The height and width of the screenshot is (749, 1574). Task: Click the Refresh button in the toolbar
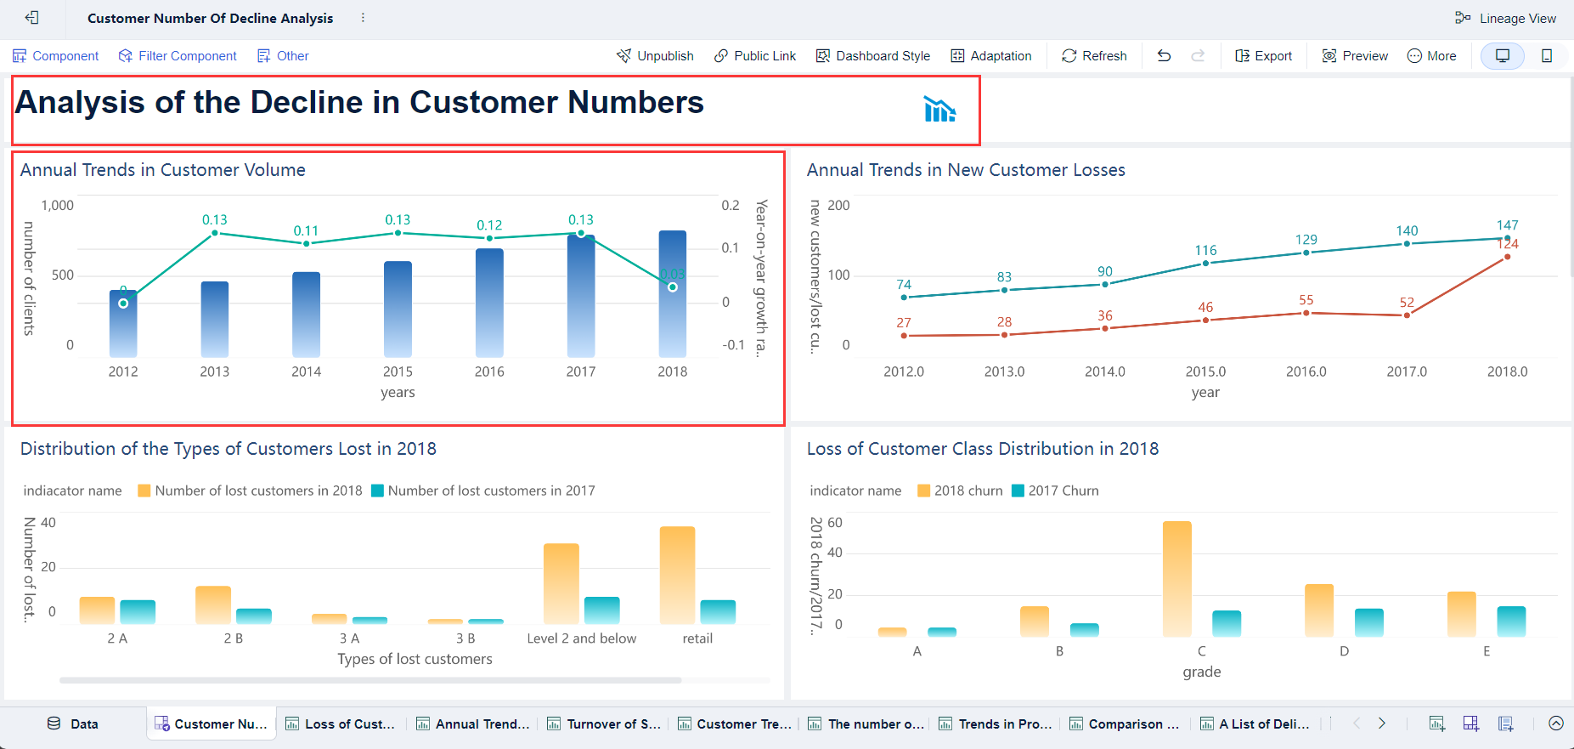(1094, 56)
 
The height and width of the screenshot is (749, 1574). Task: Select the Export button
(1263, 56)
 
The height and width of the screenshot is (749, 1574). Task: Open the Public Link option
(755, 56)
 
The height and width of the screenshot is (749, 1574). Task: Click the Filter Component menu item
(178, 56)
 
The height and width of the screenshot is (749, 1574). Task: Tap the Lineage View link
(1506, 19)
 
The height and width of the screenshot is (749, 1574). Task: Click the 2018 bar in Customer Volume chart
(673, 293)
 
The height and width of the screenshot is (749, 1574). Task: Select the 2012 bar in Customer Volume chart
(123, 323)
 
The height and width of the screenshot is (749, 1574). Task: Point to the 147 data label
(1507, 225)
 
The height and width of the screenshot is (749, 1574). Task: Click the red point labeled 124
(1507, 257)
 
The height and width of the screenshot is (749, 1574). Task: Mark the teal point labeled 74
(904, 298)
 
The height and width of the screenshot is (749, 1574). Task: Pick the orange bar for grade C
(1177, 578)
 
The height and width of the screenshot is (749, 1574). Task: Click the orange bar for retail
(677, 575)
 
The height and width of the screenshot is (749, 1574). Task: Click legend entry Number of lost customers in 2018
(250, 491)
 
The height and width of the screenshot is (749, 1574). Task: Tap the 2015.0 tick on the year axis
(1205, 372)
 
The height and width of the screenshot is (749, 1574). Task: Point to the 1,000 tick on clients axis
(58, 206)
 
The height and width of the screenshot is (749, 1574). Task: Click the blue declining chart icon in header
(939, 110)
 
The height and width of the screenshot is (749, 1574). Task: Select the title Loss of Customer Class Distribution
(982, 449)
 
